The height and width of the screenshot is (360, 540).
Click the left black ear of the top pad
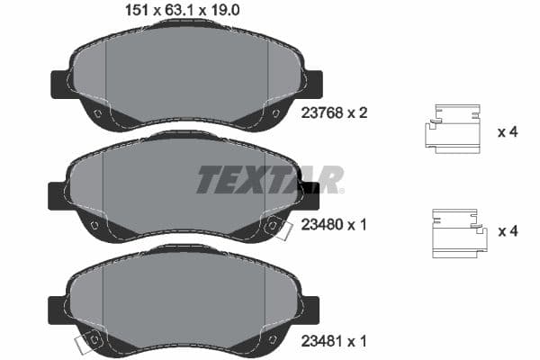coord(58,84)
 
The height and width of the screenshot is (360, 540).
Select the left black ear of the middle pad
coord(57,194)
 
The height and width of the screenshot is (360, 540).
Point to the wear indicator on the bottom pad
coord(87,342)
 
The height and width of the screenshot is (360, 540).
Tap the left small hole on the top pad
coord(96,112)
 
